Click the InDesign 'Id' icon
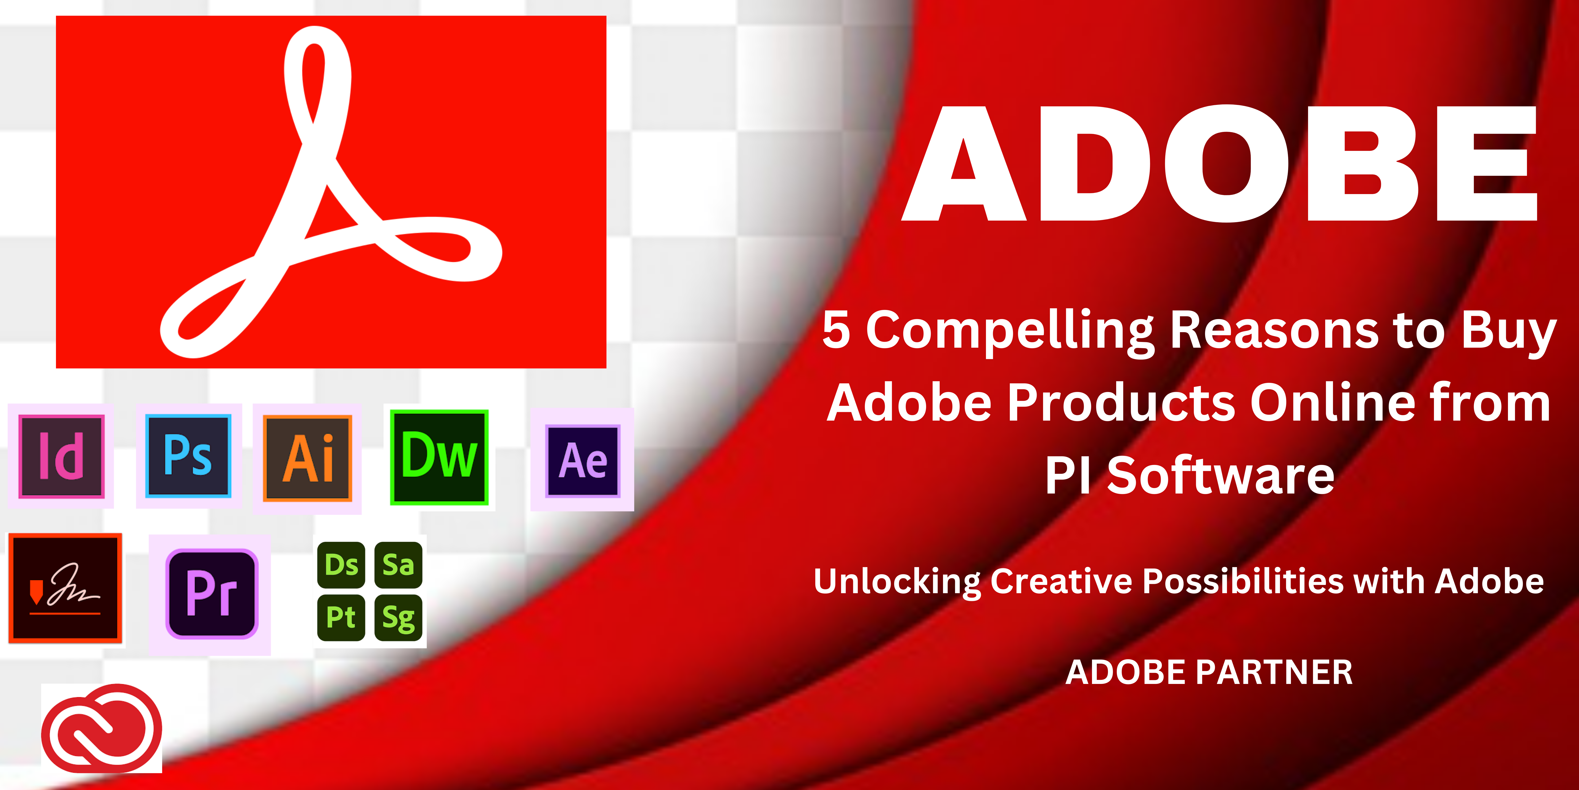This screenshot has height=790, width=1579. (61, 456)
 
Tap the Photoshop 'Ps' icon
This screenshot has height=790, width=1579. (188, 456)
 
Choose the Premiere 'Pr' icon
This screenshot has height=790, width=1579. (212, 594)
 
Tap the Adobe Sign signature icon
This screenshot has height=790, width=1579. (65, 588)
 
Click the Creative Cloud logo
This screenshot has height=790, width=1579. (102, 727)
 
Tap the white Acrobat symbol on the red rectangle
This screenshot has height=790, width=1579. (331, 192)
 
